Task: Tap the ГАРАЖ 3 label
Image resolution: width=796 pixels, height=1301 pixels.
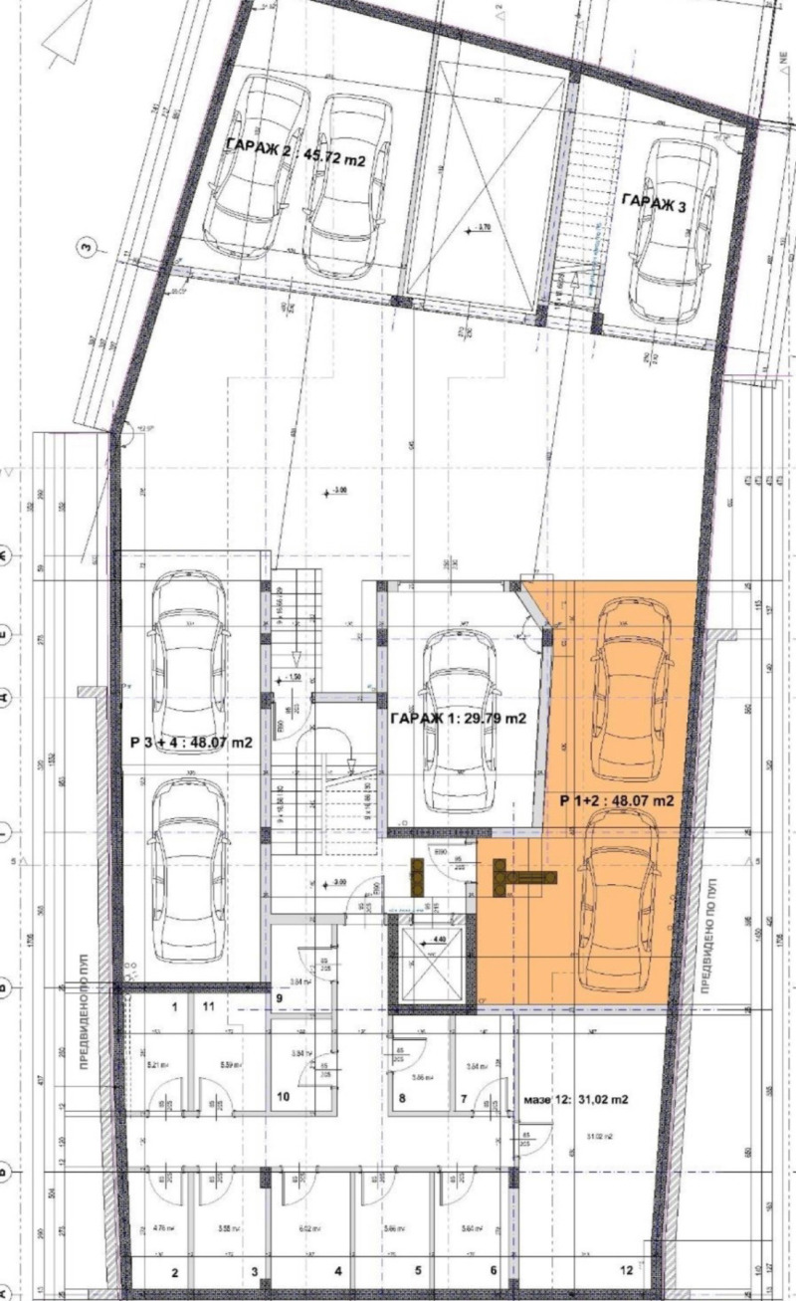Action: coord(653,201)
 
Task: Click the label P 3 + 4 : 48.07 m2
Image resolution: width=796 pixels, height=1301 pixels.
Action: coord(189,742)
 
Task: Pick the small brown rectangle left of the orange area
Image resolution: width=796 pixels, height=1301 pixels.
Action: coord(418,874)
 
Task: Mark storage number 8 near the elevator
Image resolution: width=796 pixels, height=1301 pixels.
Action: coord(403,1099)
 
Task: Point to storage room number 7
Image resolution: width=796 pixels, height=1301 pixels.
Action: coord(464,1098)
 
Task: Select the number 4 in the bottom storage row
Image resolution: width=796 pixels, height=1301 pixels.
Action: coord(337,1271)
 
